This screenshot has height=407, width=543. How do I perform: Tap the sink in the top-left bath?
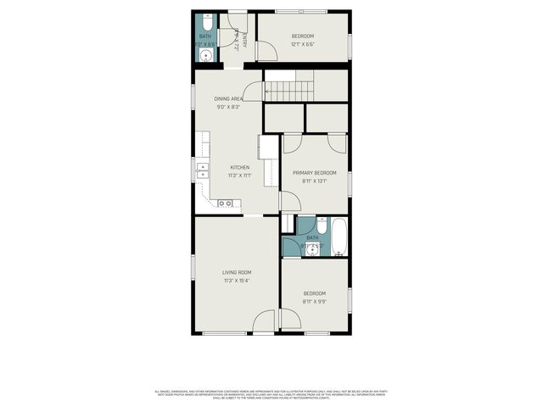tap(205, 56)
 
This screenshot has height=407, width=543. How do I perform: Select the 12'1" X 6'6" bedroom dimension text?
tap(303, 44)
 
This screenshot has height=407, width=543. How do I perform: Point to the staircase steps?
tap(288, 86)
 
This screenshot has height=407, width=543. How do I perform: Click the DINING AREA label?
tap(229, 99)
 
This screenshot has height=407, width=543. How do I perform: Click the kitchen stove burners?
tap(226, 203)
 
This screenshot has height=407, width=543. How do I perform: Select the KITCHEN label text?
tap(240, 167)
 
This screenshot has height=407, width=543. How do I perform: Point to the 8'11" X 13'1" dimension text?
tap(314, 181)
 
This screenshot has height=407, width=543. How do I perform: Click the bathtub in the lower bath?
tap(339, 237)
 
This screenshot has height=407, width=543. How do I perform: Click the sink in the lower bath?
tap(312, 249)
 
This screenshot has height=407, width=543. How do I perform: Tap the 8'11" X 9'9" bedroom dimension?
tap(314, 301)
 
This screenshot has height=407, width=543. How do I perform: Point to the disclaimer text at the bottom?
tap(271, 395)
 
